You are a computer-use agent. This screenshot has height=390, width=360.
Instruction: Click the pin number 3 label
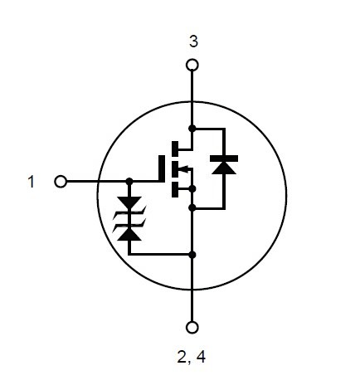point(193,41)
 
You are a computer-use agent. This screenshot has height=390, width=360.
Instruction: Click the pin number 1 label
point(32,182)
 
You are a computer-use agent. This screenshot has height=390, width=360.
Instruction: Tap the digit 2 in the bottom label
point(182,357)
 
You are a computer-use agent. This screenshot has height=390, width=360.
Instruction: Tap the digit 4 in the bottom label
point(201,357)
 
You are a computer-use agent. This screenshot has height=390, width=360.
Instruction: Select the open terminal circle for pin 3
point(192,66)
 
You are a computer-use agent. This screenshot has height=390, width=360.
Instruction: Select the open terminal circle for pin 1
point(61,182)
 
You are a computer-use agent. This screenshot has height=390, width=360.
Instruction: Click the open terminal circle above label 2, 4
point(192,328)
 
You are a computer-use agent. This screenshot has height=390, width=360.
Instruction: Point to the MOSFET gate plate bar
point(162,168)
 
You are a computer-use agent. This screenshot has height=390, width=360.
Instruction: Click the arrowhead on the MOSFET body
point(185,168)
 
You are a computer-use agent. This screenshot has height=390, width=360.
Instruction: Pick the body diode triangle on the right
point(224,168)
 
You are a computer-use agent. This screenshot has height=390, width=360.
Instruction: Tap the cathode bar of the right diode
point(224,158)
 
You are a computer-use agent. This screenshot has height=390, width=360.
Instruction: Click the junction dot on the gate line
point(129,182)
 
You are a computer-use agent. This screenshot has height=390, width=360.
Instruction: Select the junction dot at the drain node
point(192,129)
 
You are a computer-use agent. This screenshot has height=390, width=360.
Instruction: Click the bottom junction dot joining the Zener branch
point(192,255)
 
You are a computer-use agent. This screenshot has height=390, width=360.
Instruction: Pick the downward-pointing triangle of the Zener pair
point(129,203)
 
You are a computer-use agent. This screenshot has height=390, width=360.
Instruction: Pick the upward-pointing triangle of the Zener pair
point(129,234)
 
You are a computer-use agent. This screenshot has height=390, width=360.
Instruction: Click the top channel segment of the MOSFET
point(175,149)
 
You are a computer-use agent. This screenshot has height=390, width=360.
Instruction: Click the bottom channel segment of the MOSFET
point(175,189)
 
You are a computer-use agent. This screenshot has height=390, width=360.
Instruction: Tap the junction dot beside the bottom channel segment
point(192,189)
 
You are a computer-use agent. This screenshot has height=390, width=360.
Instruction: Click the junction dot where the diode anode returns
point(192,207)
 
